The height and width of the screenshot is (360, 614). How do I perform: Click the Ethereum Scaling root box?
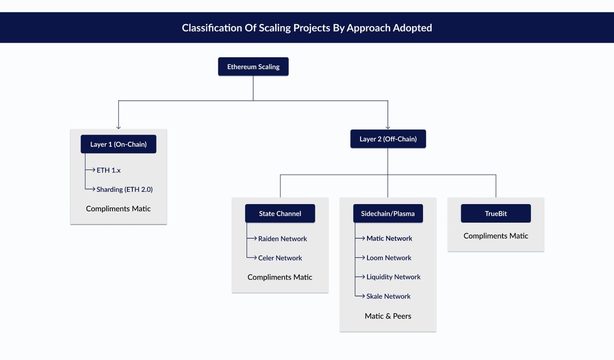click(253, 67)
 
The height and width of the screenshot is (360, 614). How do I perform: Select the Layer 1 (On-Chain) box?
click(118, 144)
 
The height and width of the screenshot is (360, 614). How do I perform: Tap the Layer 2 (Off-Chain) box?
click(388, 139)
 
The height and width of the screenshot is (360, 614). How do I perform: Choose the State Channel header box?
click(280, 214)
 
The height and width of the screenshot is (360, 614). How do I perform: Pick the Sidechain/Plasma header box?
click(388, 214)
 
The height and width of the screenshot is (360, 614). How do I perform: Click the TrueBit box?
click(496, 214)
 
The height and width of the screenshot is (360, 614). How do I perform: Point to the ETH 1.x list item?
click(108, 170)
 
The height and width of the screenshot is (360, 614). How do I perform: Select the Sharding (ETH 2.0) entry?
click(124, 189)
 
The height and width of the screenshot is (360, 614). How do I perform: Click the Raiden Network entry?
click(282, 239)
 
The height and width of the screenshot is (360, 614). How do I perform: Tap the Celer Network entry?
click(280, 258)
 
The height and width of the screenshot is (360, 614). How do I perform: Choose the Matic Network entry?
click(389, 238)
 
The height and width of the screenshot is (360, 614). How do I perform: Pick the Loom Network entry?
click(389, 258)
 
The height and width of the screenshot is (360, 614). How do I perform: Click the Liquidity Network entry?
click(393, 277)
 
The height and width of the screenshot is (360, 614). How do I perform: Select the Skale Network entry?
click(388, 297)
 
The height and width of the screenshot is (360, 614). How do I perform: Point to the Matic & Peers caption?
click(388, 316)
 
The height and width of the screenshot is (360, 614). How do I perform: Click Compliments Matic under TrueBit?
click(496, 236)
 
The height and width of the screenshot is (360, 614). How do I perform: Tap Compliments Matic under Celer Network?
click(280, 277)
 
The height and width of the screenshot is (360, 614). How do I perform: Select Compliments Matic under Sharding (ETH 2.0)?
click(118, 209)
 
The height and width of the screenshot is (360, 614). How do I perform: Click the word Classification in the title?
click(210, 28)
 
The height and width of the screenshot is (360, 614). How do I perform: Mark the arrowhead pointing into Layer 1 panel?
click(119, 127)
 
